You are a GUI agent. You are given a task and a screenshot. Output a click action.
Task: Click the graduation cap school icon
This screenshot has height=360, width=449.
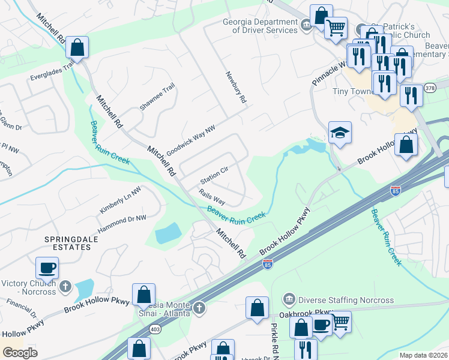coord(340,133)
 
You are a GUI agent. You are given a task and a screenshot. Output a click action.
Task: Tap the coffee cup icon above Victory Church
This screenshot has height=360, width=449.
coord(47,268)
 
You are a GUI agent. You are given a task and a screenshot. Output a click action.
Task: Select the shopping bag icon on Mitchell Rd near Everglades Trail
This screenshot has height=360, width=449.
coord(77,47)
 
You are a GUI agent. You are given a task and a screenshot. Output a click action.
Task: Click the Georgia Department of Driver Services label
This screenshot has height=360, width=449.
coord(260,25)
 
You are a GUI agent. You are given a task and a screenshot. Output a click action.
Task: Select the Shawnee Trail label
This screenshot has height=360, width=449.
coord(157,97)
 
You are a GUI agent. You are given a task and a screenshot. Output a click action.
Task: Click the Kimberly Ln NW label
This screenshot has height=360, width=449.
coord(121,200)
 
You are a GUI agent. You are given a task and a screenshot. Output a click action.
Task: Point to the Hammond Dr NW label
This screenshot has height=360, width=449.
coord(119,221)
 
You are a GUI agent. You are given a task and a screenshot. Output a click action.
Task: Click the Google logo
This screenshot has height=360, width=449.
coord(20,352)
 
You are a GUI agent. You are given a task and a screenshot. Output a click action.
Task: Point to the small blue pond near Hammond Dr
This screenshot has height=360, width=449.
coord(167,233)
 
